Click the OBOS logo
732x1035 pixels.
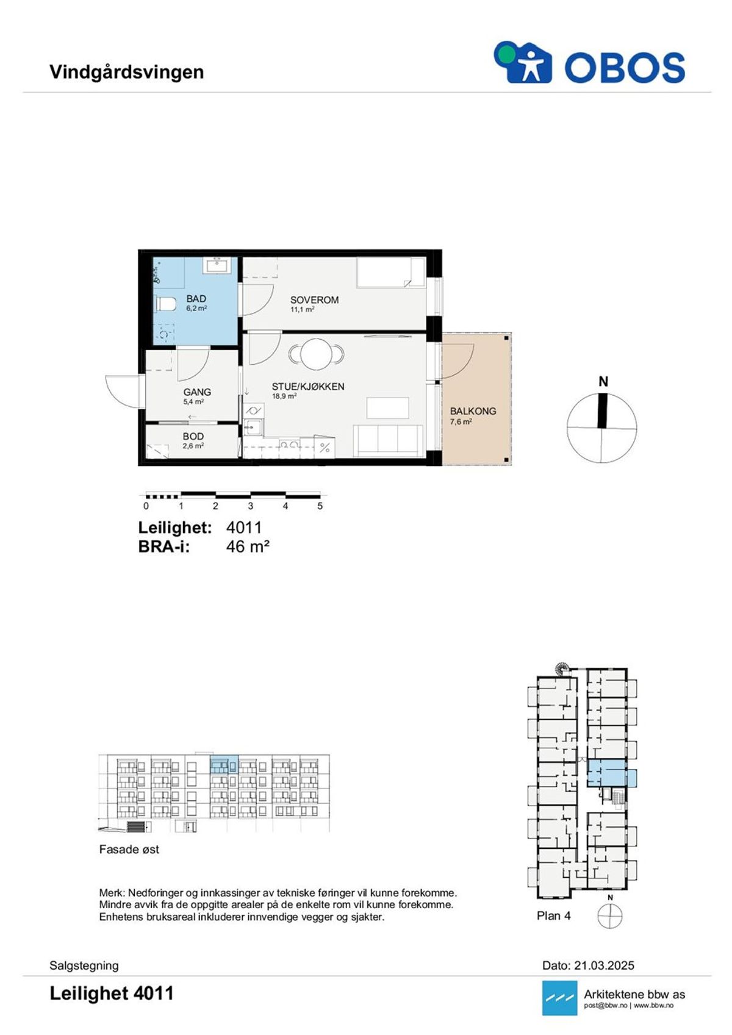[x=589, y=62]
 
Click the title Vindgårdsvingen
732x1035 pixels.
[x=127, y=72]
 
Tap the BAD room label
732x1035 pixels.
[x=196, y=299]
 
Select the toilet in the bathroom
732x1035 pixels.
[x=166, y=304]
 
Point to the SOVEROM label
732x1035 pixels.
[x=314, y=300]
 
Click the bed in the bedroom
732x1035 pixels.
[x=390, y=273]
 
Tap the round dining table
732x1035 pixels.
[x=317, y=354]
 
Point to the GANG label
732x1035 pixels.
[x=197, y=392]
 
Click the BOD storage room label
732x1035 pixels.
[x=193, y=436]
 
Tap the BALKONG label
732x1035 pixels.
[x=473, y=410]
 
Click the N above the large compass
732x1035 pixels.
[x=603, y=382]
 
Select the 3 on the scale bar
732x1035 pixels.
[x=251, y=506]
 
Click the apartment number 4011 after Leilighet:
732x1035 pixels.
[x=244, y=527]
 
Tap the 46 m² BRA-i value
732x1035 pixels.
[x=248, y=546]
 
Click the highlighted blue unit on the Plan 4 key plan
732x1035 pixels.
[x=611, y=773]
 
